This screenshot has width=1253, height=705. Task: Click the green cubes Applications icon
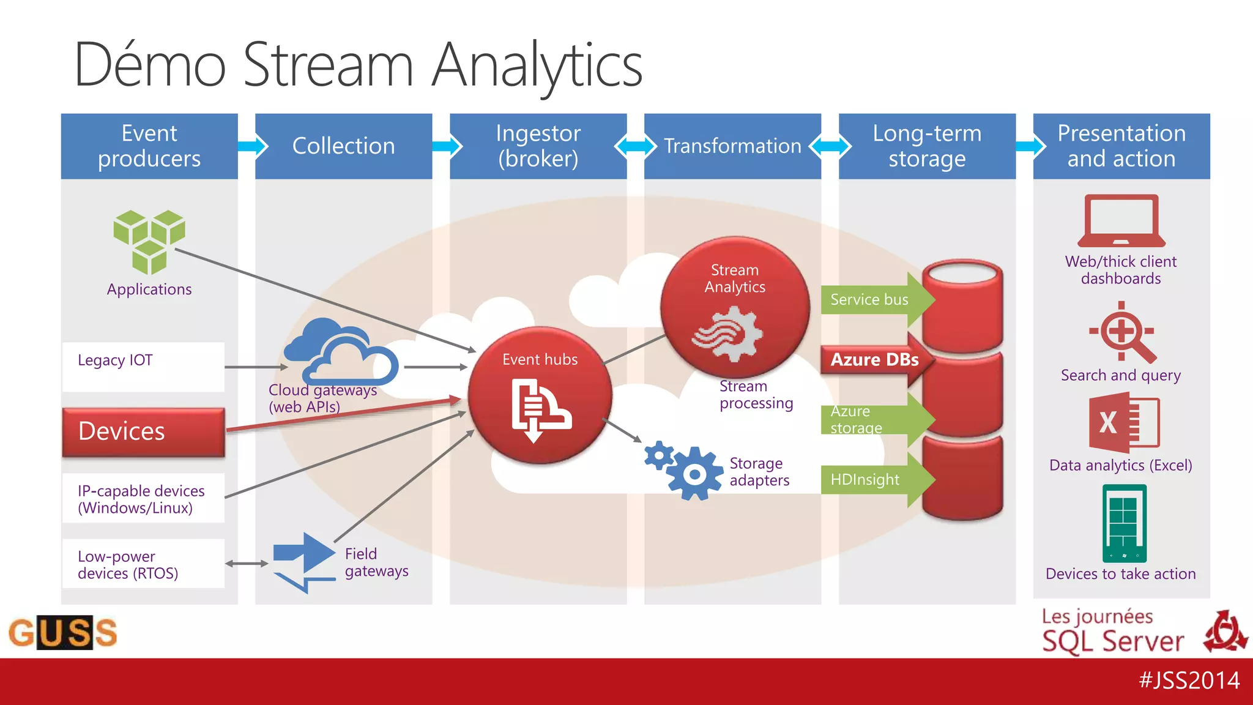149,241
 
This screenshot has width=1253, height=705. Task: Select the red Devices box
143,432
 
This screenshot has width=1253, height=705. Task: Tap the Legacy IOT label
115,360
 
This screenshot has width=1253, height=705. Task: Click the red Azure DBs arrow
875,360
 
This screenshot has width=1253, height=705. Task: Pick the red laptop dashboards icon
1121,221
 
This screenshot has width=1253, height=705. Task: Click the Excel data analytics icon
1123,423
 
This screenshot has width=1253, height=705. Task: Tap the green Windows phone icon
1124,523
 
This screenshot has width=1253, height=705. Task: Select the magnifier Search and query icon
1123,332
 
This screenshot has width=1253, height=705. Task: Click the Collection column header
343,146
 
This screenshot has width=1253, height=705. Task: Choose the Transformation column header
732,146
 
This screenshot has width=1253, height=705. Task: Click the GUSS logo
63,632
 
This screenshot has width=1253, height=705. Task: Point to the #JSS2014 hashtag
1189,681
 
